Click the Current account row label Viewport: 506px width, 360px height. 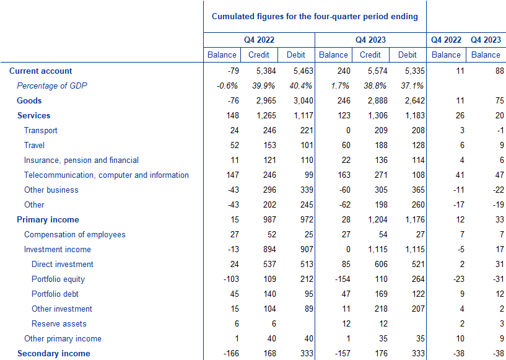[x=41, y=71]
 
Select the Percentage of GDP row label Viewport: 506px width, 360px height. [x=52, y=86]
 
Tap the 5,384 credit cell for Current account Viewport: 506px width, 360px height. [x=266, y=71]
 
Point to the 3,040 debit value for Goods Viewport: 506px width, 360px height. [x=303, y=101]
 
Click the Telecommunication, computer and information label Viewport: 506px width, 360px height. [x=107, y=175]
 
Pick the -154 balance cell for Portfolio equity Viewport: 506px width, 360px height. [x=342, y=279]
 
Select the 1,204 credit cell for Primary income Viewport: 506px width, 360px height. [x=378, y=219]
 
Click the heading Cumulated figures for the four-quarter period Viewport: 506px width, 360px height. [x=315, y=17]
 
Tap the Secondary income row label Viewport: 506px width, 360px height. [x=53, y=354]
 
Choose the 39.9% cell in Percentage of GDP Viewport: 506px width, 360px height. [x=264, y=86]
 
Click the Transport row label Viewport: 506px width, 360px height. [x=41, y=131]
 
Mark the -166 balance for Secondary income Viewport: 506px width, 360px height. [x=231, y=354]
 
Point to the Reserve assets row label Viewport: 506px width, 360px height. [x=59, y=324]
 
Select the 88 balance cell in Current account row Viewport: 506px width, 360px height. [x=500, y=71]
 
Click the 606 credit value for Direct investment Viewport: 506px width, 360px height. [x=381, y=264]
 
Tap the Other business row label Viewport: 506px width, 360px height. [x=51, y=190]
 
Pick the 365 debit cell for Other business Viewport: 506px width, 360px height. [x=418, y=190]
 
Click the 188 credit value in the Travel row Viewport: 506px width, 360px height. [x=381, y=145]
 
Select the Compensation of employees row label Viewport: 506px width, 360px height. [x=75, y=235]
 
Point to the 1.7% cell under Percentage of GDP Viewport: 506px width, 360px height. [x=340, y=86]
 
